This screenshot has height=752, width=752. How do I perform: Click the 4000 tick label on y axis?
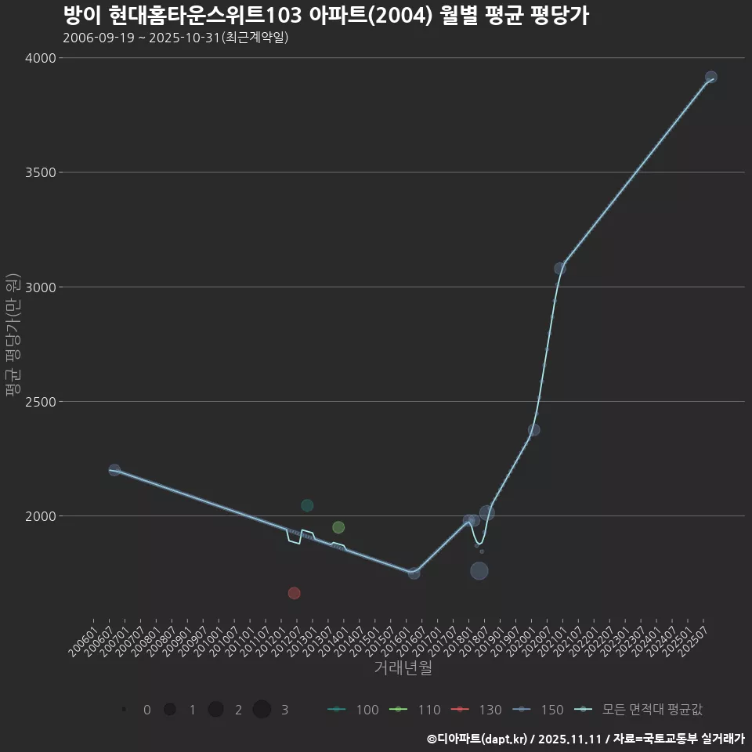click(40, 58)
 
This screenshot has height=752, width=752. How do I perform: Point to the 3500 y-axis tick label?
click(40, 172)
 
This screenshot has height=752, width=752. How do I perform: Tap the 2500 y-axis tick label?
click(40, 402)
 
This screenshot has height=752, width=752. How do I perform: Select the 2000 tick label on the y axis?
click(40, 516)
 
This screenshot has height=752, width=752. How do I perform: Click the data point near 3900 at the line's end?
click(710, 78)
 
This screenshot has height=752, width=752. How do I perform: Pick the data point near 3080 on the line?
click(560, 269)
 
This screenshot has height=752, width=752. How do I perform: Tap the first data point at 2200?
click(114, 470)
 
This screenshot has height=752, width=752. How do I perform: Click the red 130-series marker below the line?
click(294, 593)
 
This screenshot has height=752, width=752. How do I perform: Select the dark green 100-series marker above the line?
click(307, 506)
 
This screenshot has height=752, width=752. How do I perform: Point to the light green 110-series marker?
click(338, 527)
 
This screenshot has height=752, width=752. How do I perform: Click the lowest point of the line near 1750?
click(414, 573)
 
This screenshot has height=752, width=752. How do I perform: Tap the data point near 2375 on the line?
click(533, 430)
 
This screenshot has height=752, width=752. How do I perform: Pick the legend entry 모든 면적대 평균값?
click(638, 710)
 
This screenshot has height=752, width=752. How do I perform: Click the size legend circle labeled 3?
click(262, 710)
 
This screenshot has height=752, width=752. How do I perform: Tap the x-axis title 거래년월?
click(403, 668)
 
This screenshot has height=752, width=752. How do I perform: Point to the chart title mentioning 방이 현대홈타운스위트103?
click(325, 16)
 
